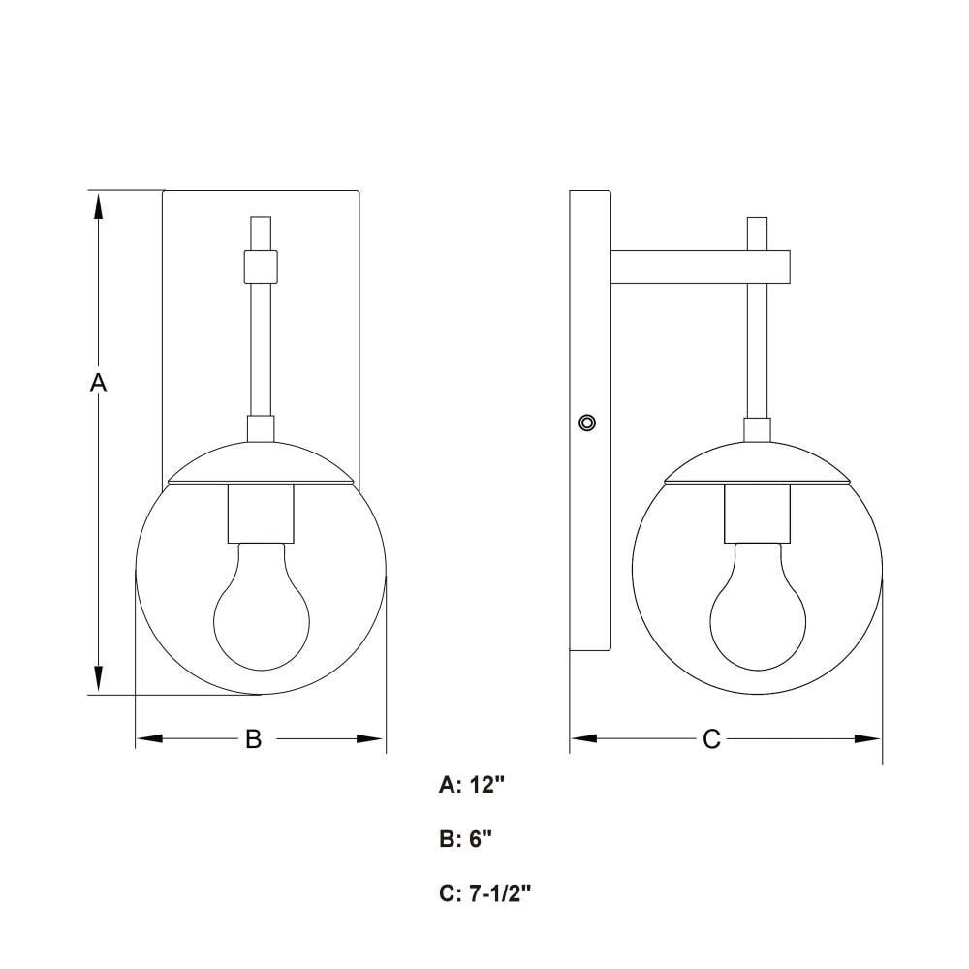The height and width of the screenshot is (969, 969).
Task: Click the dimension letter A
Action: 98,383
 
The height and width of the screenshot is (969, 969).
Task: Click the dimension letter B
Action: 253,738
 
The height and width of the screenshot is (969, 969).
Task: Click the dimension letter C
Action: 711,738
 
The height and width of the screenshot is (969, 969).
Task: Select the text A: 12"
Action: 472,785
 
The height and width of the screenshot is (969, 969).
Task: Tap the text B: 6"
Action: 466,839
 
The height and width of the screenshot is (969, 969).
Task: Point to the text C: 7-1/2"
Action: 485,893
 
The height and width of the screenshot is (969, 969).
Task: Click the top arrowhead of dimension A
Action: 98,205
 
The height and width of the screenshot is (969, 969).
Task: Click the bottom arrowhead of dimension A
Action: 98,679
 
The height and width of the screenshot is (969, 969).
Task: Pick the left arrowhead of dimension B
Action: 149,738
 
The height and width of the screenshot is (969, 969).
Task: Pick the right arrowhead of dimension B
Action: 371,738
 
